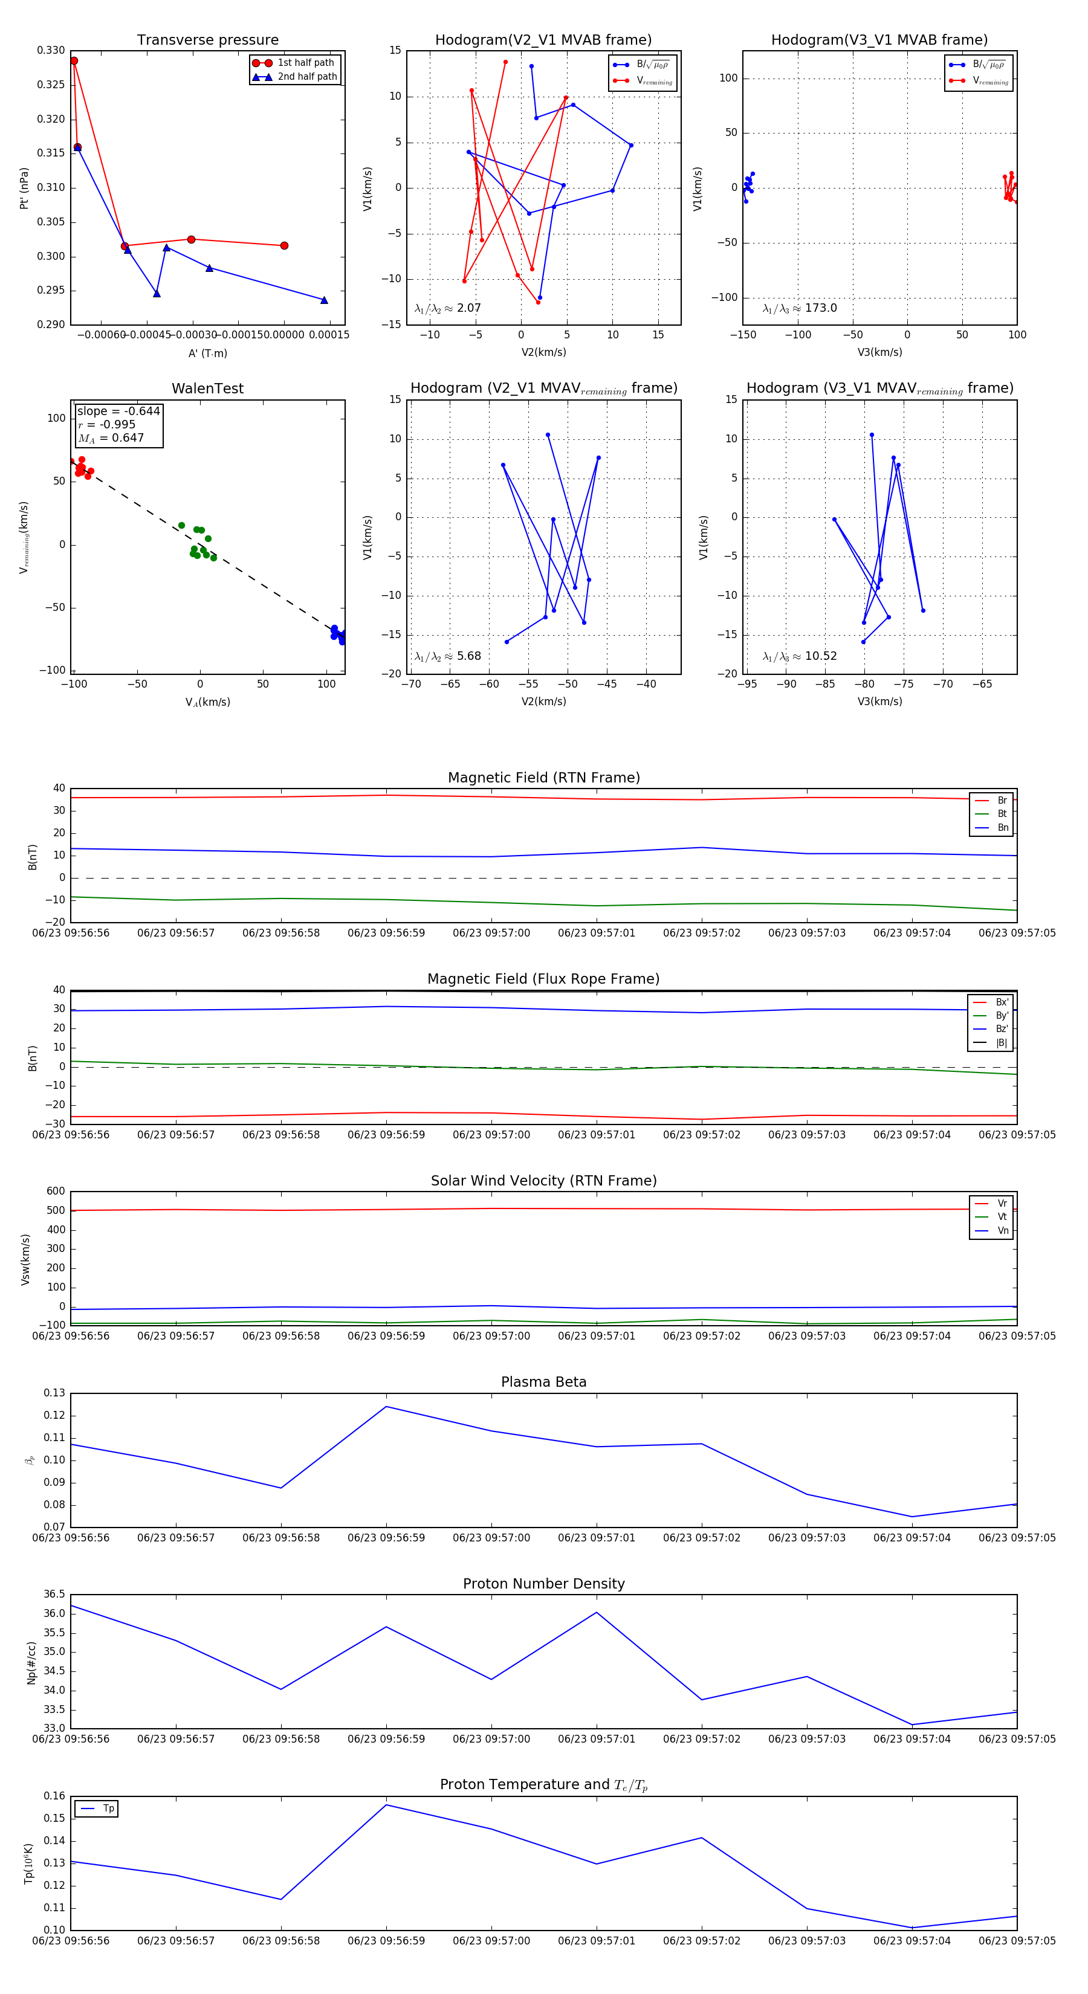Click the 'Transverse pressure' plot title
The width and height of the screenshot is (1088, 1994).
[207, 40]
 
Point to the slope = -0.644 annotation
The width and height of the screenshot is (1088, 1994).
[118, 411]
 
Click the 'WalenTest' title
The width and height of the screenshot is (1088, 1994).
[207, 389]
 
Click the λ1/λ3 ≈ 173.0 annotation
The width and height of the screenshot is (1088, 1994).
[799, 308]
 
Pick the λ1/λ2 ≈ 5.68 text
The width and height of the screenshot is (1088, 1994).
[447, 656]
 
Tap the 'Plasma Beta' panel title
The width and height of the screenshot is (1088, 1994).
[543, 1382]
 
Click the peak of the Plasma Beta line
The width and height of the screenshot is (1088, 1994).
[386, 1407]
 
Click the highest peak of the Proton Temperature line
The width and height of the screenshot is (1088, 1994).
[386, 1805]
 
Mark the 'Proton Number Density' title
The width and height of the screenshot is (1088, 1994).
[543, 1584]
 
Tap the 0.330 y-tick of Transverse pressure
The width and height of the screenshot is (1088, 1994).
[51, 50]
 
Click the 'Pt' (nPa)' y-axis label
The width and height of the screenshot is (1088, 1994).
[24, 188]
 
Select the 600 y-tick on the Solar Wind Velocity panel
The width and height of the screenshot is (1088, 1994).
[56, 1192]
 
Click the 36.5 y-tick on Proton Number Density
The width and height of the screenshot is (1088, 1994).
[54, 1595]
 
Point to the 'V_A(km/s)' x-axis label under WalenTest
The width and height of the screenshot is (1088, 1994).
[207, 702]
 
